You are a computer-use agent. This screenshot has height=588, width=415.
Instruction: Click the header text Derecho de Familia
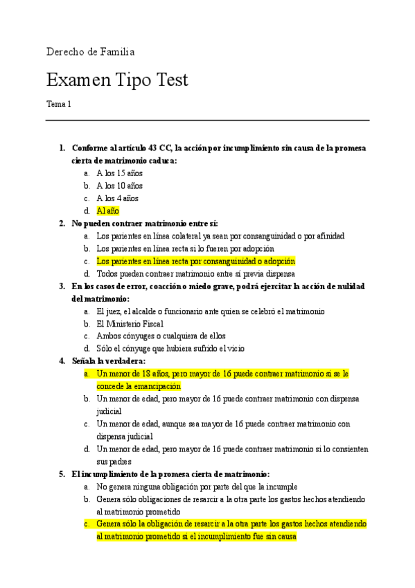coord(90,52)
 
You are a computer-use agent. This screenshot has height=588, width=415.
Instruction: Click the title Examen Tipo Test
coord(117,80)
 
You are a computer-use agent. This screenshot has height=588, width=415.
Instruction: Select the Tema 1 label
coord(59,104)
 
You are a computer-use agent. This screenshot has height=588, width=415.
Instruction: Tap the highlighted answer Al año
coord(108,211)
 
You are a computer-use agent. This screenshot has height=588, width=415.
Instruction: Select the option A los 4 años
coord(118,198)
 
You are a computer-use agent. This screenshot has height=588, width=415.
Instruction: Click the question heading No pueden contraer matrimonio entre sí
coord(145,223)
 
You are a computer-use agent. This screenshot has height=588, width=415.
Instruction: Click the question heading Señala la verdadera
coord(109,361)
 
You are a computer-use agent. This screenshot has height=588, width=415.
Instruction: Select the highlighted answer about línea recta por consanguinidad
coord(196,261)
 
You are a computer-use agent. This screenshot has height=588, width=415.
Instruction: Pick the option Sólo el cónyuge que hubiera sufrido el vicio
coord(170,349)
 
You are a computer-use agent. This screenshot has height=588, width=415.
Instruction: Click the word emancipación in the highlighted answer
coord(153,386)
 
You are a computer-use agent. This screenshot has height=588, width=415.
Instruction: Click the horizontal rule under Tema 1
coord(207,121)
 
